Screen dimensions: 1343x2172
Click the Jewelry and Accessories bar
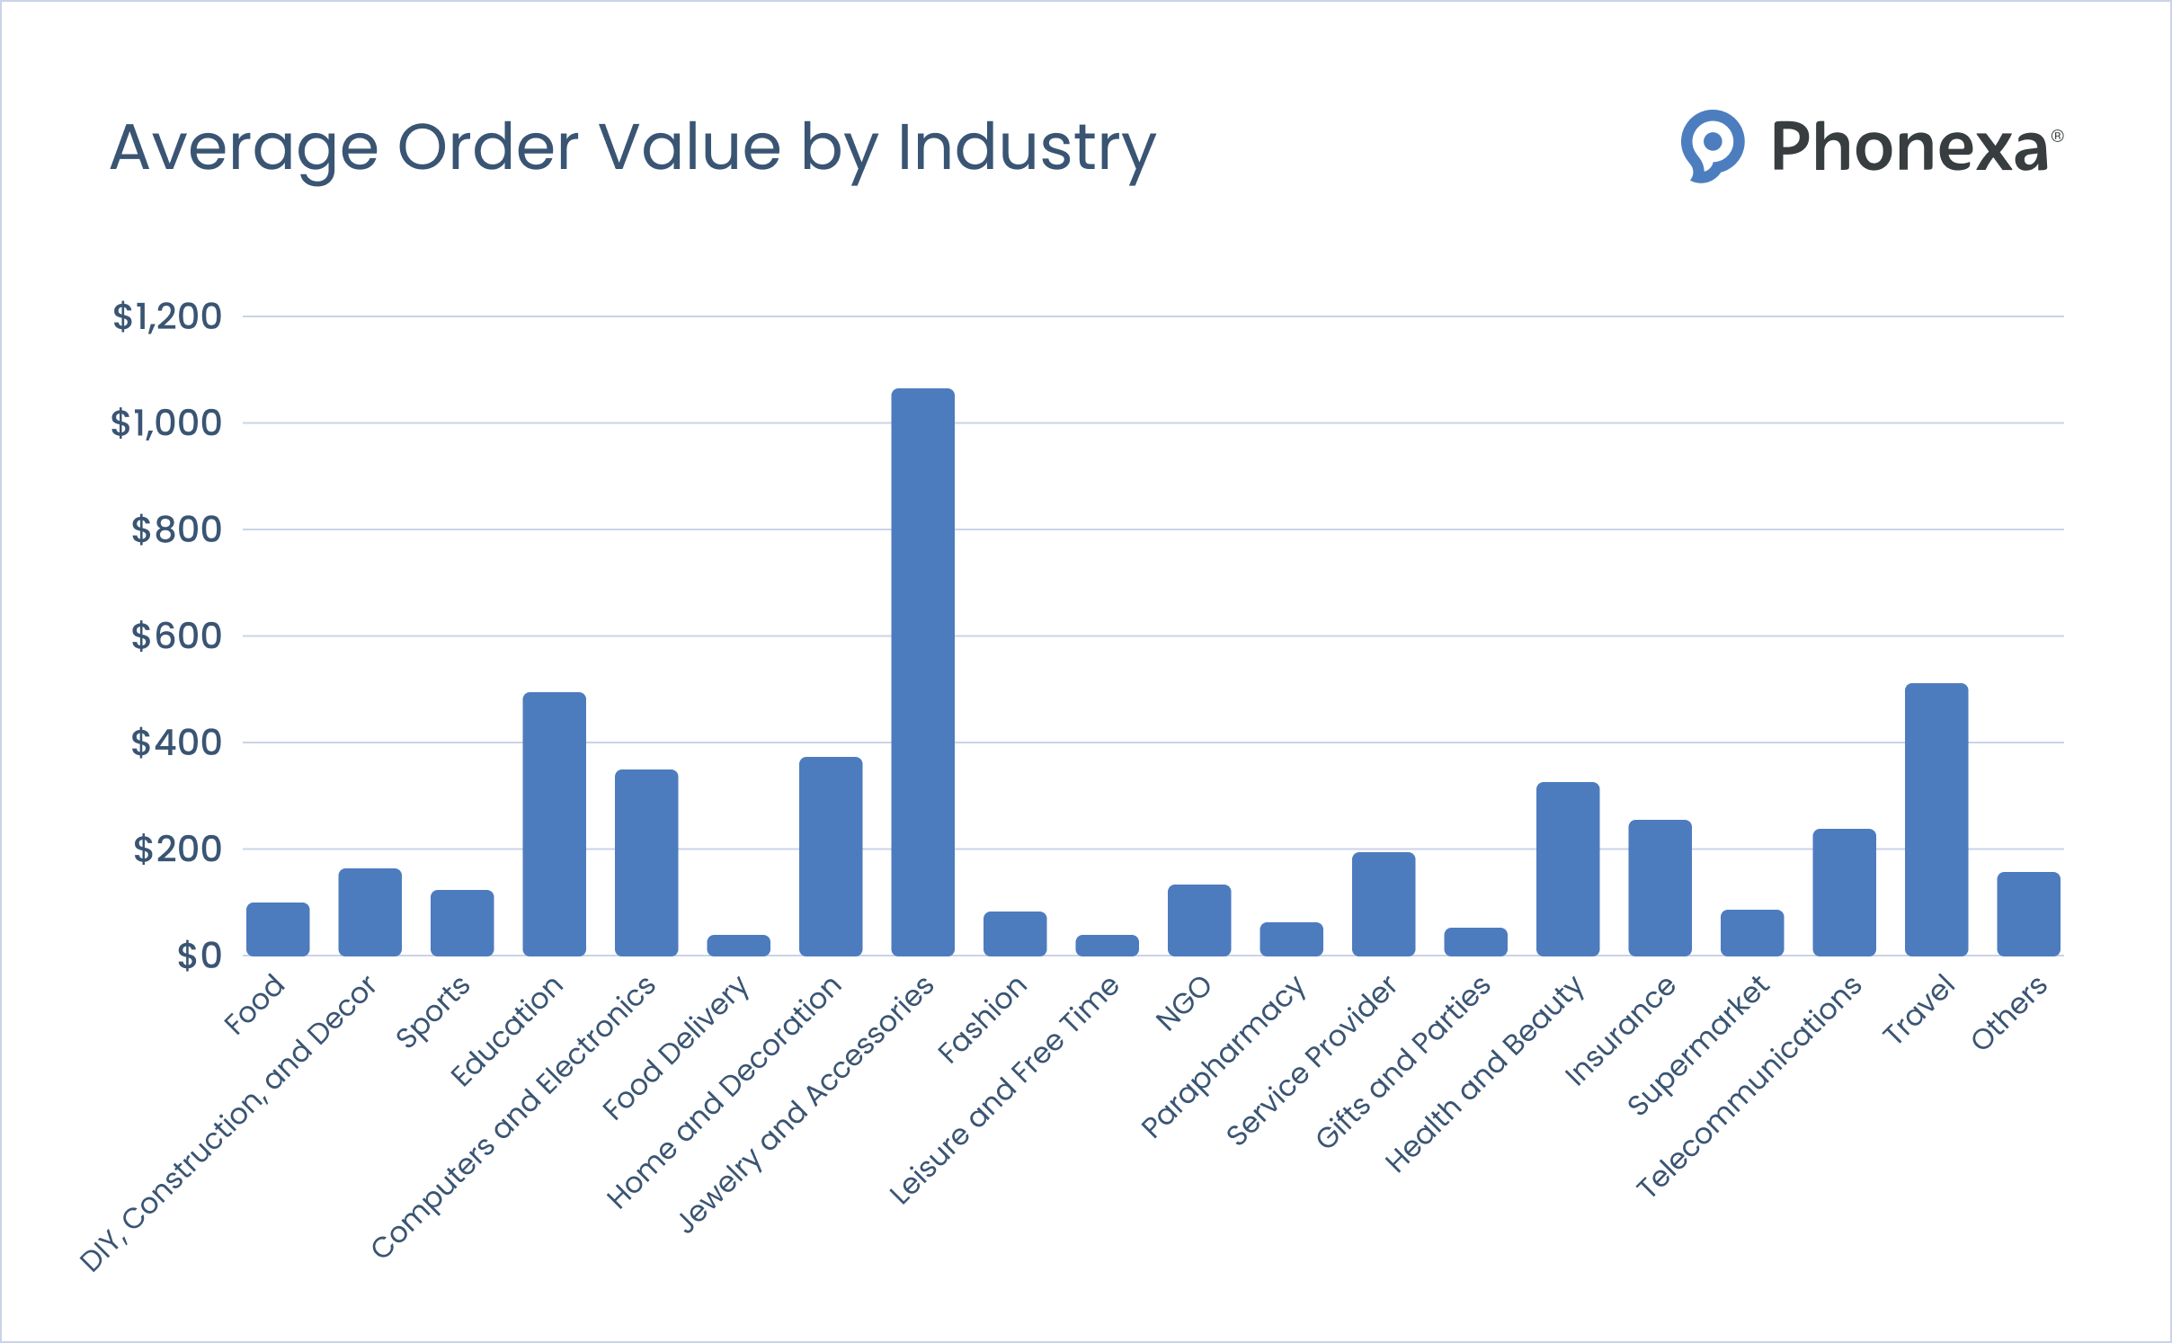(x=922, y=672)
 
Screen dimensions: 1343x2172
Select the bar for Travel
(x=1936, y=819)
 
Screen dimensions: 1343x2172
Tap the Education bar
(x=554, y=823)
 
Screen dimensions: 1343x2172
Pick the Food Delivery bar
(x=738, y=945)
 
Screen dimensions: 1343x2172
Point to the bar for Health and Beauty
(x=1567, y=868)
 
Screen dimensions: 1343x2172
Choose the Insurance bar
(x=1660, y=887)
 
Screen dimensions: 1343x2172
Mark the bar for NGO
(x=1198, y=920)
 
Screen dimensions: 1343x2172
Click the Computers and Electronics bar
(x=645, y=862)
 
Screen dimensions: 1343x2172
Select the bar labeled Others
(x=2028, y=913)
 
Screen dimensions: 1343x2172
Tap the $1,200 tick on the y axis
(x=167, y=316)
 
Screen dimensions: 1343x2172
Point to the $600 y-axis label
(x=176, y=636)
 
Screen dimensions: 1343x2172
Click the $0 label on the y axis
(x=199, y=956)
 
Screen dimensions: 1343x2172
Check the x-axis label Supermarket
(x=1698, y=1045)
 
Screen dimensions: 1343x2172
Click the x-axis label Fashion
(x=982, y=1019)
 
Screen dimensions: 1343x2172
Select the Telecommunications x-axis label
(x=1749, y=1087)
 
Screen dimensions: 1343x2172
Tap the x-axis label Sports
(x=433, y=1011)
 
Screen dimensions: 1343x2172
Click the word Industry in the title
(x=1026, y=148)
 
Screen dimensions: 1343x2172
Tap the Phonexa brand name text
(x=1908, y=147)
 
